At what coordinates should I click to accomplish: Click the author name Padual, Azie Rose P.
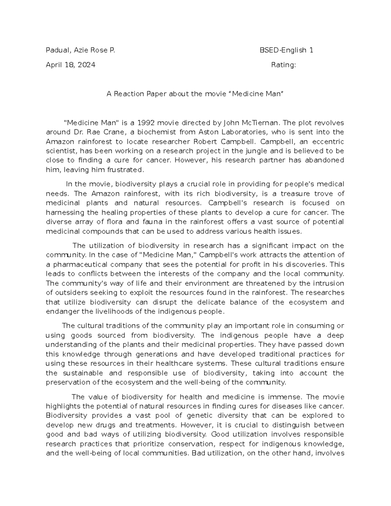80,50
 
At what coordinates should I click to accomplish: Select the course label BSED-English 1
286,50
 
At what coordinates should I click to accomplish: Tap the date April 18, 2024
70,65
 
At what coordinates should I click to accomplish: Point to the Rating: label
283,65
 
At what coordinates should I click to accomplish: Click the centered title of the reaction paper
195,94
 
